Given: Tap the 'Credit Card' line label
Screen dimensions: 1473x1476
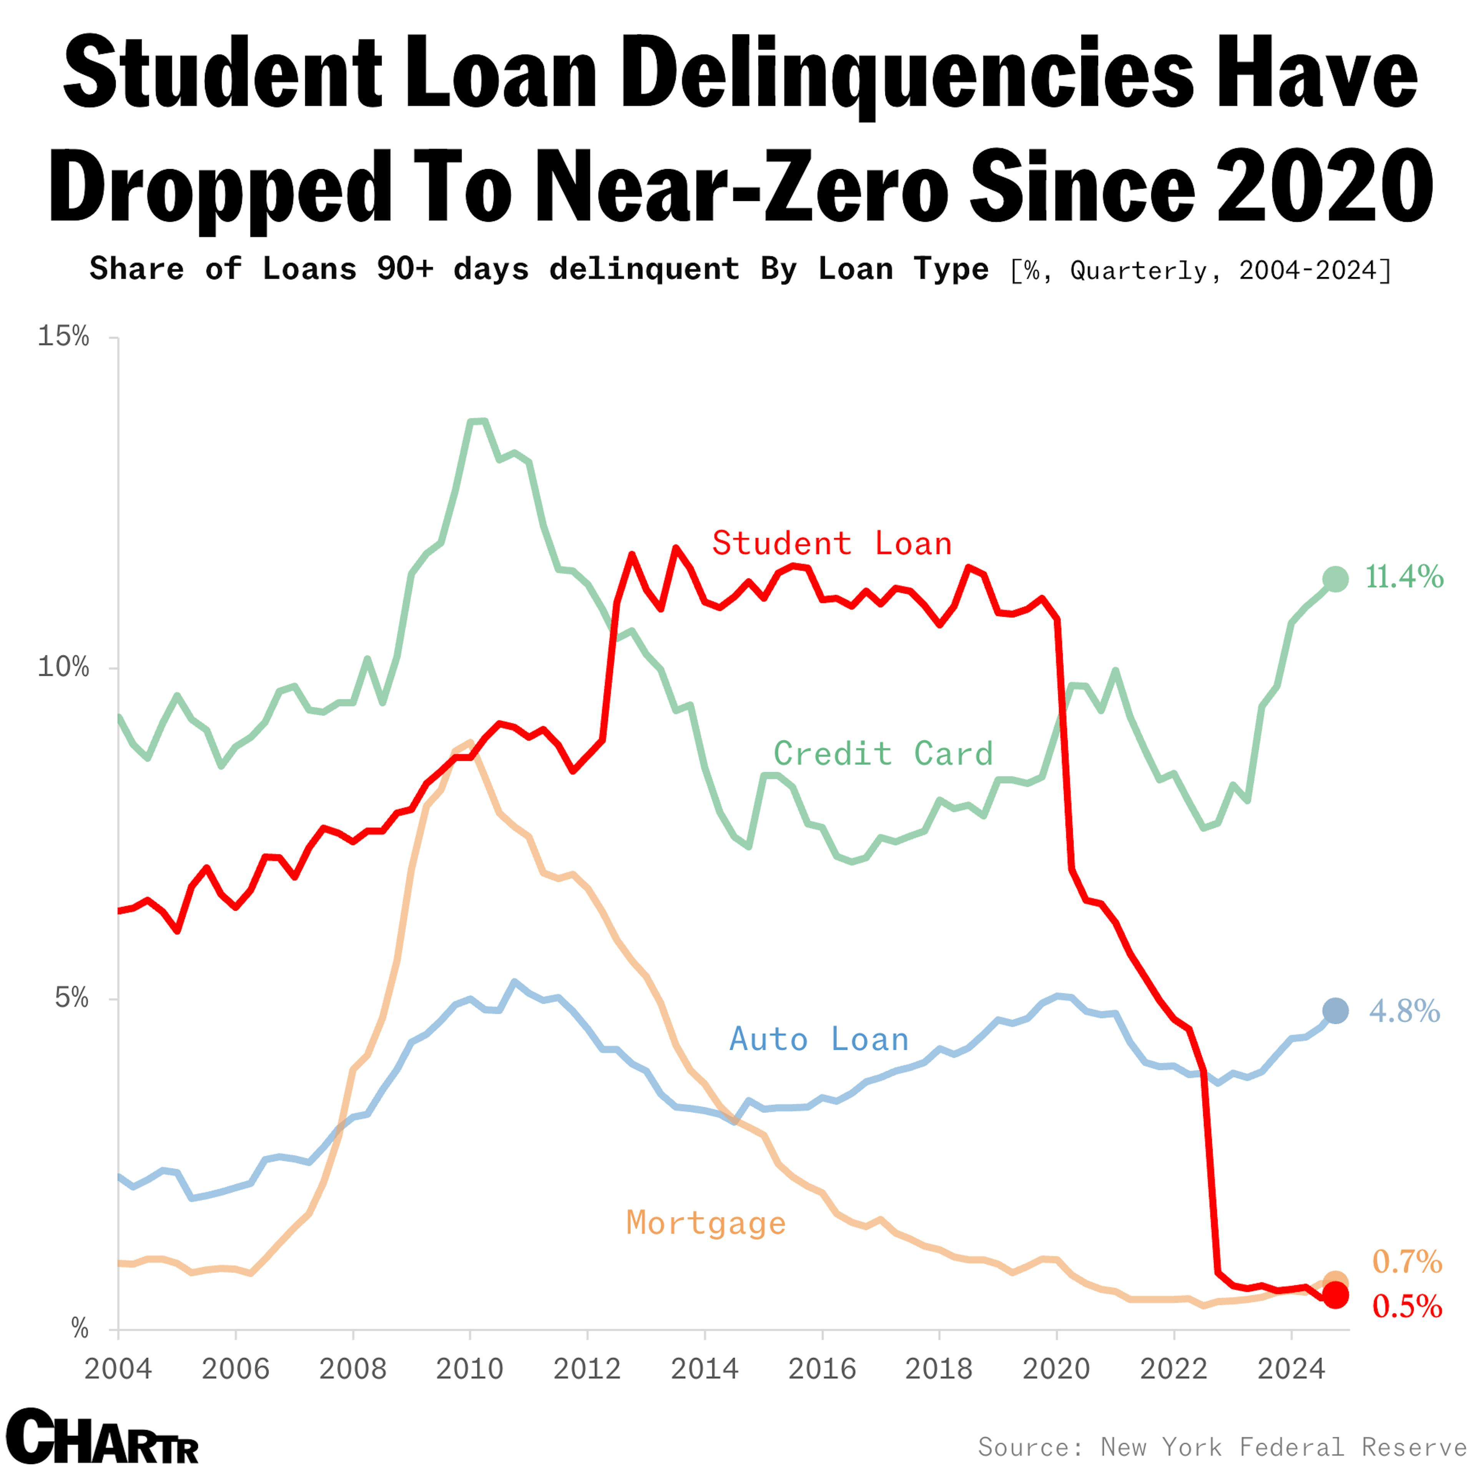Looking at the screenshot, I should click(883, 754).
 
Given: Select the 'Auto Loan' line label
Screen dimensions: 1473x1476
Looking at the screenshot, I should click(819, 1040).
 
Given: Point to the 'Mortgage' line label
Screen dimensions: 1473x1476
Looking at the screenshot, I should click(706, 1223).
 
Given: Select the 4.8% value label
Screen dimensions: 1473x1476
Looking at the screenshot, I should click(1404, 1011).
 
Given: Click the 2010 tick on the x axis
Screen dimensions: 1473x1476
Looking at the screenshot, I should click(470, 1368).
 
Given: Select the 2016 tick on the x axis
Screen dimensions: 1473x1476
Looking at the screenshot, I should click(822, 1368).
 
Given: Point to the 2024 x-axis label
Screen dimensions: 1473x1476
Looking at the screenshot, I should click(1291, 1368).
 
